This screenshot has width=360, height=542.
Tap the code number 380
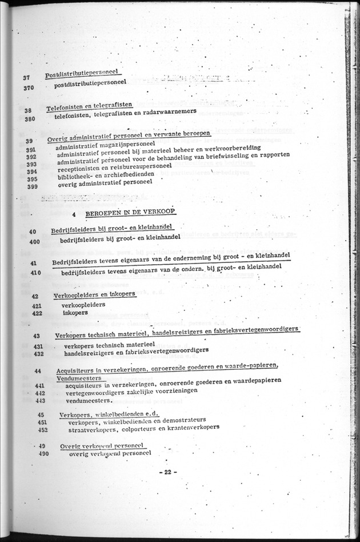30,119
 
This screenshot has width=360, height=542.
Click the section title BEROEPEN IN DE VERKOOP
130,212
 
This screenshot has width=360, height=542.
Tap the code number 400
32,242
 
